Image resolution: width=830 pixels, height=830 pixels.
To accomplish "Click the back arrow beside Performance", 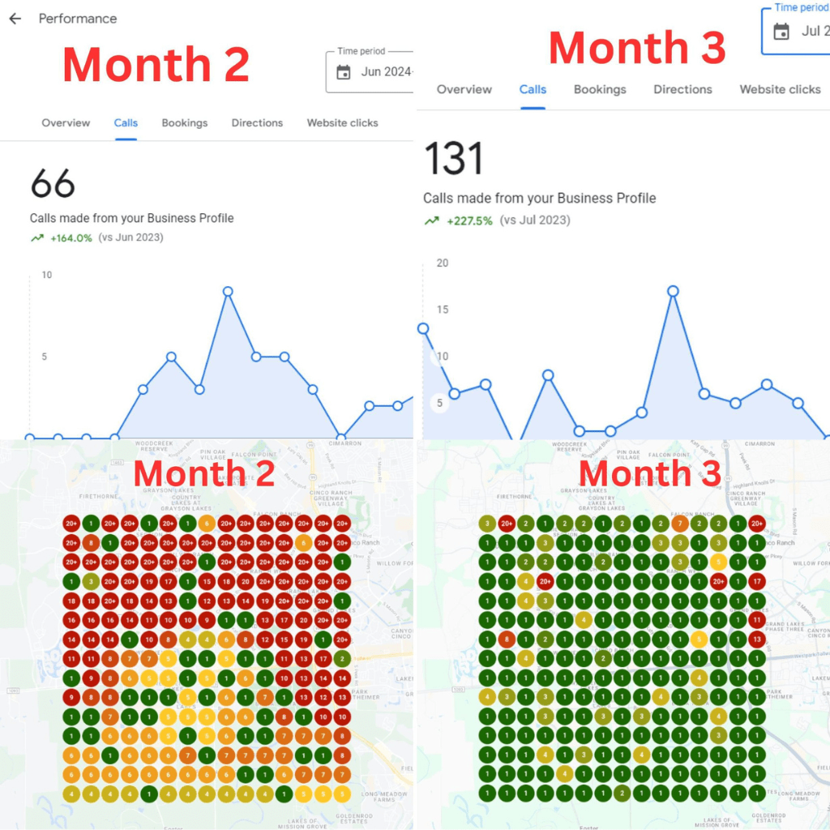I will coord(15,19).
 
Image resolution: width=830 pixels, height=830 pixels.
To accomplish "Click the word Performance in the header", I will coord(78,19).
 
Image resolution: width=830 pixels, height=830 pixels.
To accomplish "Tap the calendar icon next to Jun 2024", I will coord(344,72).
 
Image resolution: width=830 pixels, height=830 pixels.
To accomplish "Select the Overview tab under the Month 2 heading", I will coord(66,123).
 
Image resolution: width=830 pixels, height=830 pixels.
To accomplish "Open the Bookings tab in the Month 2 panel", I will coord(184,123).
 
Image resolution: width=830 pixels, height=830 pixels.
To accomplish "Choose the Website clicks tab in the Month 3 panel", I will coord(780,89).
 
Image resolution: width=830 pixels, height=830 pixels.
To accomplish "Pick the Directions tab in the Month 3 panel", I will coord(682,89).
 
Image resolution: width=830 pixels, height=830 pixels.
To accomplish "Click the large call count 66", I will coord(53,184).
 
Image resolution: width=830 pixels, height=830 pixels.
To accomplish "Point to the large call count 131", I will coord(454,158).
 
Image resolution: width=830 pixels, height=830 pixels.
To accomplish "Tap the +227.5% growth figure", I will coord(469,220).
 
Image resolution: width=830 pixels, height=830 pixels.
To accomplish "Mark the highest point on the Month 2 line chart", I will coord(228,291).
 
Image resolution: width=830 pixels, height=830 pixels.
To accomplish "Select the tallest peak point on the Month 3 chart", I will coord(672,291).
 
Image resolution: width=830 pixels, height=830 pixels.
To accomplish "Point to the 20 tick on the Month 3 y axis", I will coord(442,263).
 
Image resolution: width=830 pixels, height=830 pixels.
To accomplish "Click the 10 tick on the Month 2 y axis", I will coord(47,275).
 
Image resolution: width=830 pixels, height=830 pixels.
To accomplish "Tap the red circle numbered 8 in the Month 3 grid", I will coord(506,640).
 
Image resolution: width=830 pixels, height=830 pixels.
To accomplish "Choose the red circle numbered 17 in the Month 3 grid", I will coord(757,581).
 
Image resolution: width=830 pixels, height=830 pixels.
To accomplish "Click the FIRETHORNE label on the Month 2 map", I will coord(100,494).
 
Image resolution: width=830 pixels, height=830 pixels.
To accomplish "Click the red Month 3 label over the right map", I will coord(650,473).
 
